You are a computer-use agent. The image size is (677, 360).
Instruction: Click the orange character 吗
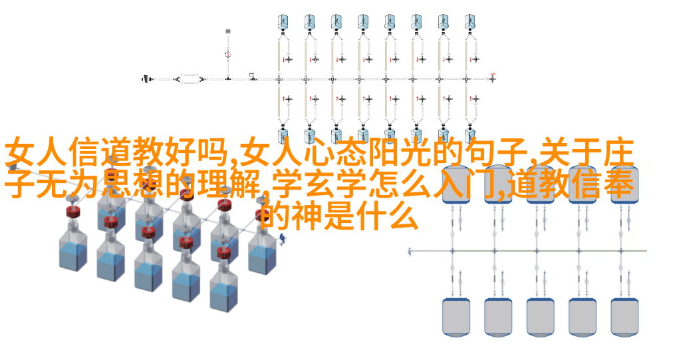(x=213, y=152)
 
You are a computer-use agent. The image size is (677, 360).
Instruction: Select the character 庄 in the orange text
(x=618, y=152)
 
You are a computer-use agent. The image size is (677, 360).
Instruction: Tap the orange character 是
(x=338, y=216)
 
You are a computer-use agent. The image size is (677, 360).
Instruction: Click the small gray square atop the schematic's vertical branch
(x=228, y=31)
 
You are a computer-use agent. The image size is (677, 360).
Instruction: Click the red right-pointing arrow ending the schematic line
(x=492, y=75)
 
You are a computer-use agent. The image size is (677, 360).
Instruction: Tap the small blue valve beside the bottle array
(x=282, y=238)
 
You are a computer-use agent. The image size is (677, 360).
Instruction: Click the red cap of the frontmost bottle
(x=223, y=252)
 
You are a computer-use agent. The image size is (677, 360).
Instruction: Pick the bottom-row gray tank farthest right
(x=624, y=317)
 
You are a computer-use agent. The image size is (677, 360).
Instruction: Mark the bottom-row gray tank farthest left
(x=456, y=317)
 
